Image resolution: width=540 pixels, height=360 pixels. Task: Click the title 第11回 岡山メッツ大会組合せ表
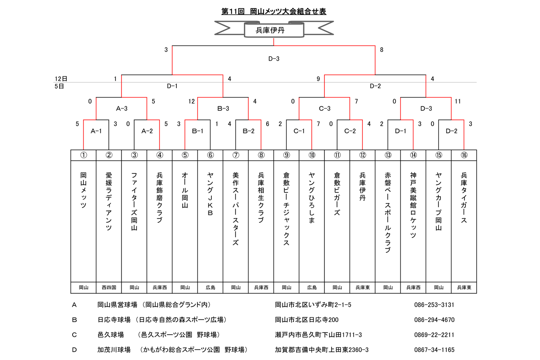(274, 11)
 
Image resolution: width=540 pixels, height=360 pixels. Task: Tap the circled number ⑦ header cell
(235, 155)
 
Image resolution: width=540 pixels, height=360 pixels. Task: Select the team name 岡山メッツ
(84, 190)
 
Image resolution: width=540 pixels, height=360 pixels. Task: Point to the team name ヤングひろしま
(312, 198)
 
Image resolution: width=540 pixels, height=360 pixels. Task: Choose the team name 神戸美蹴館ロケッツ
(413, 205)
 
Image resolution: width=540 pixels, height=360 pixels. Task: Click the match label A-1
(96, 131)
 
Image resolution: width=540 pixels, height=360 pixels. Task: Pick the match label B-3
(223, 108)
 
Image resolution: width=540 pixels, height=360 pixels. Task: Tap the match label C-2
(350, 131)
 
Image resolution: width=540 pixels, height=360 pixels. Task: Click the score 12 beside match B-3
(192, 101)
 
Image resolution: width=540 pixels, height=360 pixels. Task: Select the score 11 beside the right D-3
(458, 101)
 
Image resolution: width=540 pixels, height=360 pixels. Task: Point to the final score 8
(382, 50)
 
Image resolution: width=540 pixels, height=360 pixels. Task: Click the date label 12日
(61, 79)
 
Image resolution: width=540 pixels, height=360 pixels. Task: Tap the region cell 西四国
(109, 287)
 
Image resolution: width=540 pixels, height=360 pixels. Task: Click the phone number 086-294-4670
(434, 320)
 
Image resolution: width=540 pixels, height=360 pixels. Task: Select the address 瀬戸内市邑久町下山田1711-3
(318, 335)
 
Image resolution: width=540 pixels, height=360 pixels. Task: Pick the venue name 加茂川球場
(114, 349)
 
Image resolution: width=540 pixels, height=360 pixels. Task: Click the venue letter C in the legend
(74, 335)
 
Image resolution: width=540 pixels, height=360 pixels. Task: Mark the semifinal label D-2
(375, 86)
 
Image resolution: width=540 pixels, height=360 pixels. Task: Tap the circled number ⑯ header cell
(464, 155)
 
